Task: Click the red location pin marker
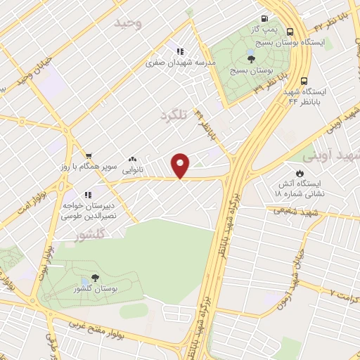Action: (181, 165)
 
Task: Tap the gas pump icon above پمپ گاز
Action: (264, 19)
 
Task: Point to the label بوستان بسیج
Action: (251, 71)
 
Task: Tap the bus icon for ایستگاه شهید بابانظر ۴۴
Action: (304, 81)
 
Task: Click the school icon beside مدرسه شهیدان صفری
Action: (180, 51)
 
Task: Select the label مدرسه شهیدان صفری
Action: (180, 62)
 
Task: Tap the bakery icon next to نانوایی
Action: (133, 160)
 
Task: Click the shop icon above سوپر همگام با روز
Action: (88, 157)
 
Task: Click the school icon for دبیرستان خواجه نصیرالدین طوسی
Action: (88, 195)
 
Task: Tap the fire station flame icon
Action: (300, 173)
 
